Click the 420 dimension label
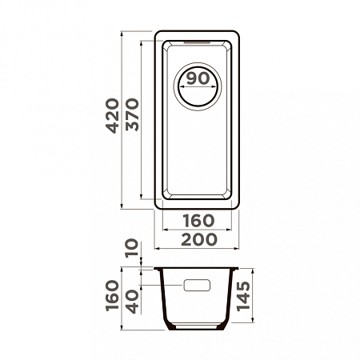(x=112, y=116)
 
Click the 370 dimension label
(x=132, y=114)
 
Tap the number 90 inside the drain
(x=198, y=78)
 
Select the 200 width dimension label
(x=199, y=239)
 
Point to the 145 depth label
(x=243, y=296)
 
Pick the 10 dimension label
(x=132, y=248)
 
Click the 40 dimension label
(x=132, y=302)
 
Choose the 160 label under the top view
(x=198, y=221)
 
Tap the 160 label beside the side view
(x=112, y=295)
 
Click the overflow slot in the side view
(x=197, y=285)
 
